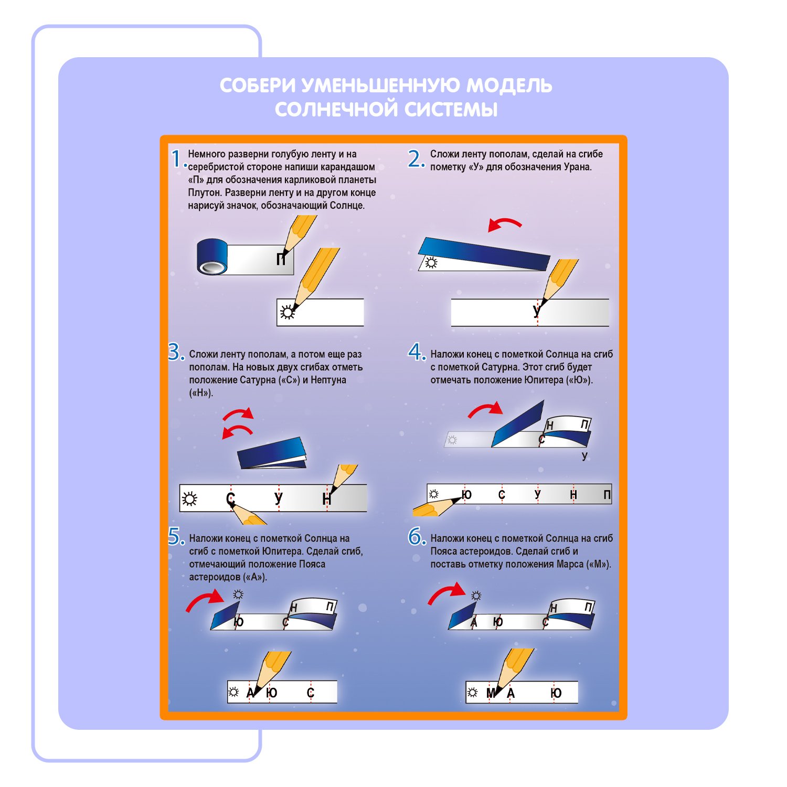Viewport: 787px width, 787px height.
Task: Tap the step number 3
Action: (175, 352)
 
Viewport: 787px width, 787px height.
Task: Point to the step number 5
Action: (175, 536)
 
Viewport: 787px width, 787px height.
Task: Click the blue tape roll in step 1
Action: (212, 257)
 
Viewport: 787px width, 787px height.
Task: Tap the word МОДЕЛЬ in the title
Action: (509, 86)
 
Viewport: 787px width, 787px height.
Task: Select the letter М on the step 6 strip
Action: (491, 694)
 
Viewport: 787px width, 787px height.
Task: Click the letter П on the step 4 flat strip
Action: (607, 495)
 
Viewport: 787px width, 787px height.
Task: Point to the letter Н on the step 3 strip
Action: (327, 498)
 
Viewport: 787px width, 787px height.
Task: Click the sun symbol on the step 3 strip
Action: (189, 498)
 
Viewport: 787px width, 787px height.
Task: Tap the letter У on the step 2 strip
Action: (536, 311)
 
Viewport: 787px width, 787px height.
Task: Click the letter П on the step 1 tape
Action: (281, 259)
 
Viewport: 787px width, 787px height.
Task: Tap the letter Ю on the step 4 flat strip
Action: (466, 495)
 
